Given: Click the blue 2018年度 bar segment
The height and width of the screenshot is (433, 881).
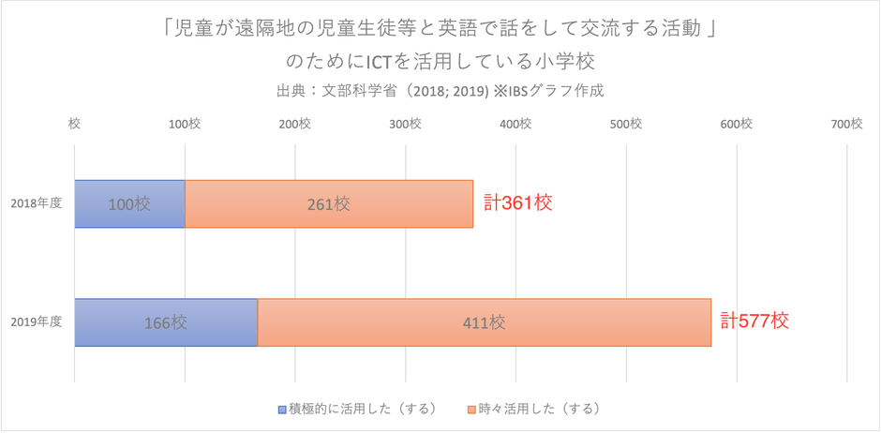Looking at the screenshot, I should coord(129,203).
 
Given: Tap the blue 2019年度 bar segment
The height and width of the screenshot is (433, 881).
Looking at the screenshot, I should coord(166,322).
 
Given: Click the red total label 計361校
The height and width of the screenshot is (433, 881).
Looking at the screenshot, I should coord(517,202).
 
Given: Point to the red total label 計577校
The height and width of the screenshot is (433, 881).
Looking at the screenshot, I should coord(754,321).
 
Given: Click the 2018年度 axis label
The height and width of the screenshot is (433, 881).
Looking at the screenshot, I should coord(37,203).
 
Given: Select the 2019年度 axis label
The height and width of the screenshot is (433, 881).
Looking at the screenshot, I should coord(37,322).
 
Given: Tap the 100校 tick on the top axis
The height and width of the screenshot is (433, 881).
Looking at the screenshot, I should coord(185,124).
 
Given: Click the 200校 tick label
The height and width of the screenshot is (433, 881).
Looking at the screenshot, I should coord(295,124).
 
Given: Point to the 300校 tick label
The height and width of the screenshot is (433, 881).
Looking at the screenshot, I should coord(405,124).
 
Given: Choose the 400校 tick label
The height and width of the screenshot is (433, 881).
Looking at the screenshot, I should coord(515,124).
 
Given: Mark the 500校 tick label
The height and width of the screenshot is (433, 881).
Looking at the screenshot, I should coord(625,124).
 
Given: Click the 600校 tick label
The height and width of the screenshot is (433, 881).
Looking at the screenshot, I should coord(736,124).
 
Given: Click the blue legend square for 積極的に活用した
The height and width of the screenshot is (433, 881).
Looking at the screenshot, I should coord(282,410).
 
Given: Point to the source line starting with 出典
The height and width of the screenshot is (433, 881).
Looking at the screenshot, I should coord(440,92).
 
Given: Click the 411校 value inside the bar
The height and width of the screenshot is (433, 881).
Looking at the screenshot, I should coord(485,322).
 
